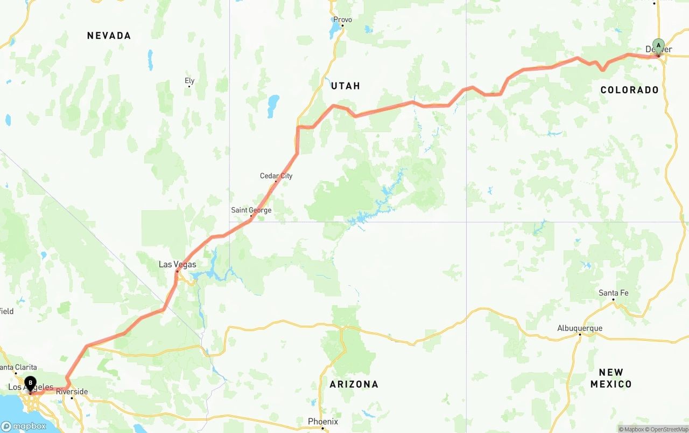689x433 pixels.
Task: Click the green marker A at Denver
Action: click(658, 45)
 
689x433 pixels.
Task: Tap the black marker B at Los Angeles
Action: click(30, 383)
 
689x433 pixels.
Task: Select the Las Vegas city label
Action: click(177, 264)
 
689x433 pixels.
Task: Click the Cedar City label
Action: click(276, 176)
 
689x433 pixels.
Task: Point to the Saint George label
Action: click(251, 210)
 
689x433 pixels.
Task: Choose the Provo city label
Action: click(342, 19)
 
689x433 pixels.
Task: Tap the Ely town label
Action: click(189, 81)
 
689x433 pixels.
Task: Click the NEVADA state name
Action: click(109, 36)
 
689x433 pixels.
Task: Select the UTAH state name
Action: click(346, 86)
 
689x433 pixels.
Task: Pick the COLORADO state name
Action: click(630, 90)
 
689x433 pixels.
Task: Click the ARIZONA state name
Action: click(354, 384)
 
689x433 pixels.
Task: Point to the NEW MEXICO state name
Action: click(611, 378)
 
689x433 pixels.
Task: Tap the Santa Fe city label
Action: click(613, 293)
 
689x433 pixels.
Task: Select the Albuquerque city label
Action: click(580, 328)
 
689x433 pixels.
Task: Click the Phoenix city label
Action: click(323, 421)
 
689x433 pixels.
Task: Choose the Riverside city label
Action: click(72, 391)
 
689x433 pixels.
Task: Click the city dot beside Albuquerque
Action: click(580, 335)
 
